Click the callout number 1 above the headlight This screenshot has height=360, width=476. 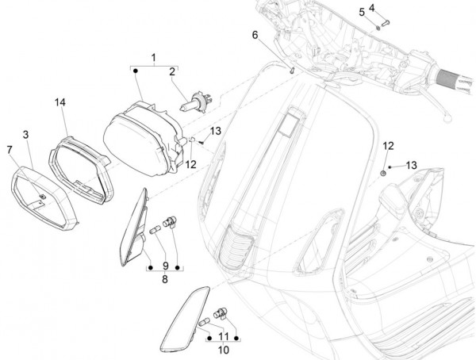click(x=154, y=57)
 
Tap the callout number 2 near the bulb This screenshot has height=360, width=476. click(x=170, y=72)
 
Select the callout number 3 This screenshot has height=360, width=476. click(x=26, y=136)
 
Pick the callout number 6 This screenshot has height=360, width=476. click(x=255, y=35)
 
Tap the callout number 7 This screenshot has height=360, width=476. click(x=10, y=149)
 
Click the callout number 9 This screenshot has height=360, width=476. click(x=165, y=265)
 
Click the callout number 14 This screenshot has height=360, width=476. click(x=60, y=103)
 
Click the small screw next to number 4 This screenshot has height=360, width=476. click(x=385, y=20)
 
